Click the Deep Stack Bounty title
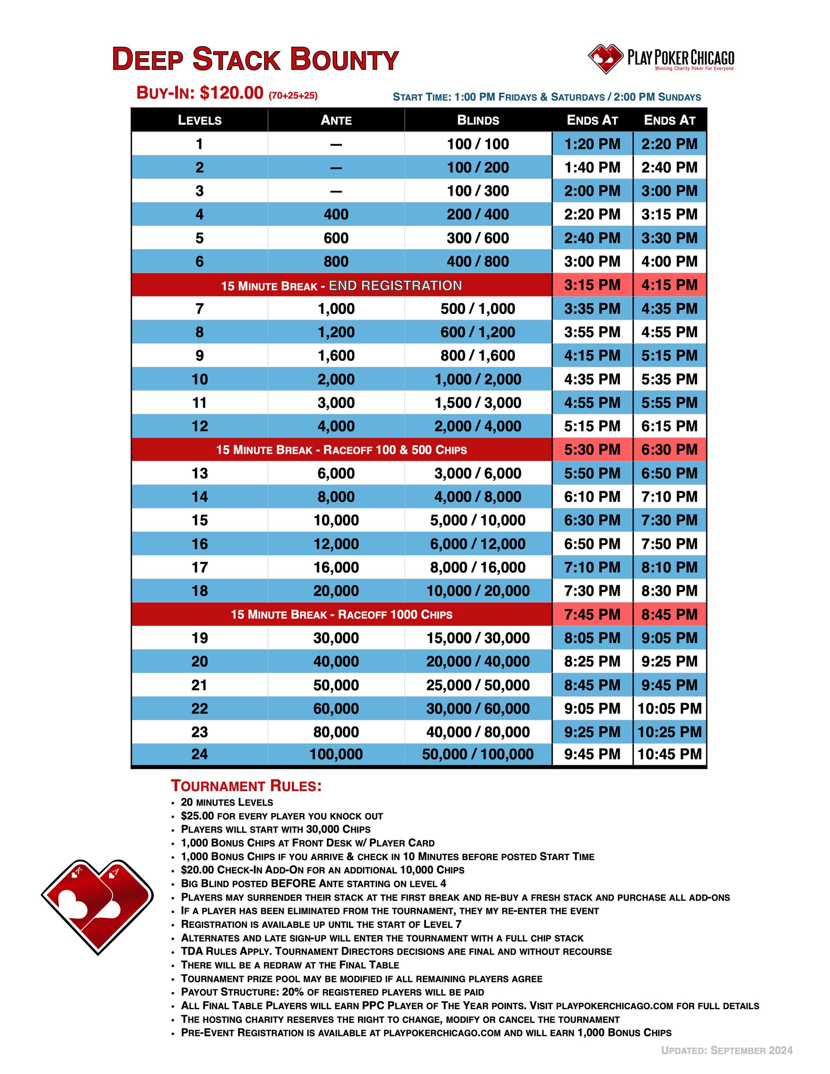click(255, 60)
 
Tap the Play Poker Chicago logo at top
click(661, 59)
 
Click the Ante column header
click(336, 120)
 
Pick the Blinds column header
click(478, 120)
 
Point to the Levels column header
click(199, 120)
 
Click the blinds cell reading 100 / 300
click(478, 191)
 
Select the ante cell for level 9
click(336, 356)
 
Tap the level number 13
click(199, 473)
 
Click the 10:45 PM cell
click(670, 754)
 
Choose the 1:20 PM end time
click(592, 144)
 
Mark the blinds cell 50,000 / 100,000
click(478, 754)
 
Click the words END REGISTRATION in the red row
click(395, 285)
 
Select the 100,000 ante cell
click(336, 754)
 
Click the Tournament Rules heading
click(246, 786)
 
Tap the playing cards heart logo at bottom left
click(97, 905)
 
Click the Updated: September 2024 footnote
click(727, 1050)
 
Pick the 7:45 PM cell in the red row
click(592, 614)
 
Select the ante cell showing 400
click(336, 214)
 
